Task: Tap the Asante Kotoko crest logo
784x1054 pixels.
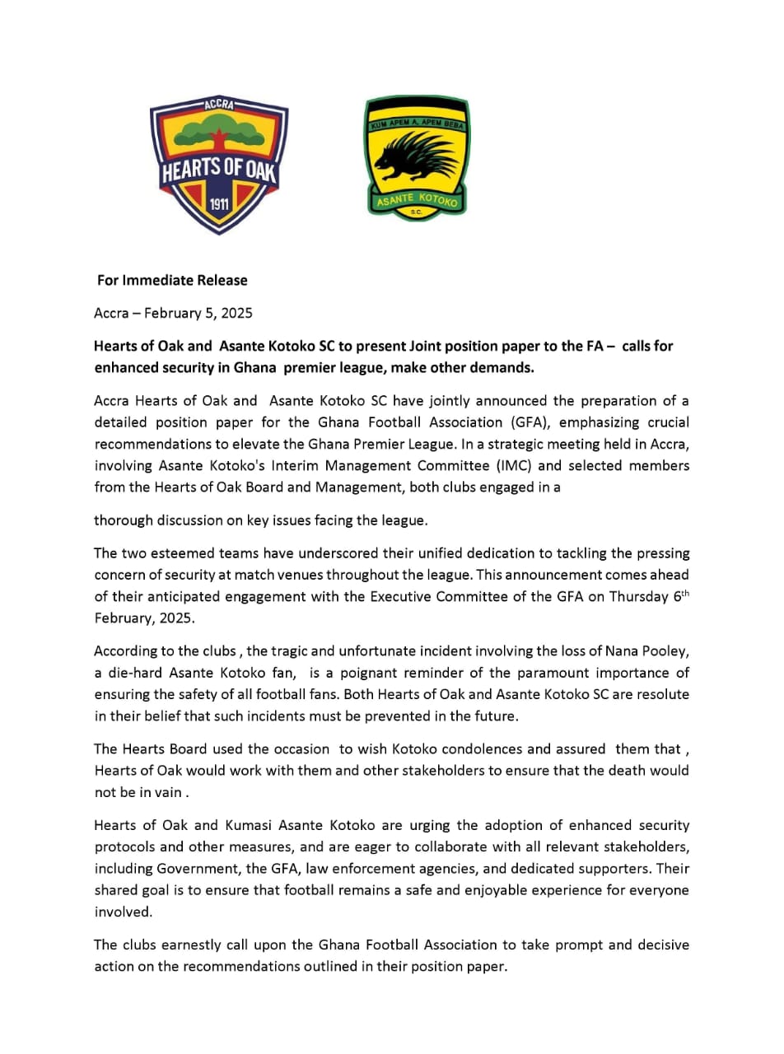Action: click(417, 159)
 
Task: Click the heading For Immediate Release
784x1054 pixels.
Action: click(172, 280)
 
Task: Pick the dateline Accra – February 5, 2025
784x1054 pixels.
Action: click(173, 313)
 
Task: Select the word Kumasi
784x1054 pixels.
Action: click(251, 825)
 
